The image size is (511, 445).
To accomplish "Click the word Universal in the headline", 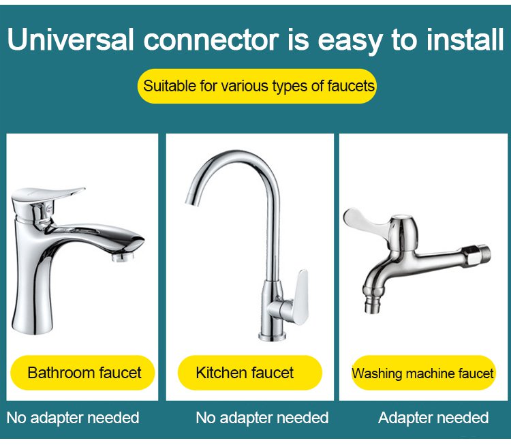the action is click(70, 40).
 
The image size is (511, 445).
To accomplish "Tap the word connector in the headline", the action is click(211, 40).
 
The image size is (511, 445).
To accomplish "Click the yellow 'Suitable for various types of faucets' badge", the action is click(257, 87).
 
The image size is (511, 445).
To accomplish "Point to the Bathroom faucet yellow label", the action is click(82, 373).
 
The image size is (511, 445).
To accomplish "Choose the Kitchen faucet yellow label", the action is click(249, 373).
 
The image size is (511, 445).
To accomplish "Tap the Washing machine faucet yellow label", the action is click(423, 373).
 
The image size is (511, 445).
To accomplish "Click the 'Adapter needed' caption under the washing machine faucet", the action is click(433, 418).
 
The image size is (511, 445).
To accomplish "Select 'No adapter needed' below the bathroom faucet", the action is click(73, 418).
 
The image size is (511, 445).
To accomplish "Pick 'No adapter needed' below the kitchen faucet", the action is click(262, 418).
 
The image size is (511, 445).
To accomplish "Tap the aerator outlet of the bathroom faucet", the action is click(123, 257).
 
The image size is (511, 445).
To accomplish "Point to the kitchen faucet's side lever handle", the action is click(300, 297).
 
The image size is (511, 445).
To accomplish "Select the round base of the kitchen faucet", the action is click(273, 336).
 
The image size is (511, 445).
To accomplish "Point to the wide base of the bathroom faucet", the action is click(32, 323).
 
